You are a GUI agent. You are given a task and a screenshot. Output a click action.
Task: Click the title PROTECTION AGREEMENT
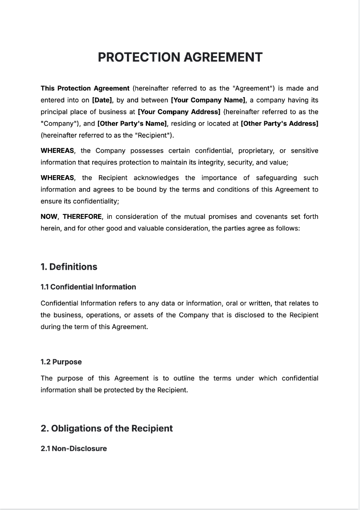(x=180, y=58)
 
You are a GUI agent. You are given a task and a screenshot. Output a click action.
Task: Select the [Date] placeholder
(x=102, y=100)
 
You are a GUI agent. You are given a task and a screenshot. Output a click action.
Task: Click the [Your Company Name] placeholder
(x=208, y=100)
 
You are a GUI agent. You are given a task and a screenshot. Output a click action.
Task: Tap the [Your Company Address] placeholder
(x=179, y=112)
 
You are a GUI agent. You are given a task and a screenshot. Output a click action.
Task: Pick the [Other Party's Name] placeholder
(x=132, y=123)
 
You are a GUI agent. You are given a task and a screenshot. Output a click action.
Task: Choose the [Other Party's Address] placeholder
(x=279, y=123)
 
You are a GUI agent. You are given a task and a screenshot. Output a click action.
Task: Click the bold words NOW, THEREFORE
(x=72, y=217)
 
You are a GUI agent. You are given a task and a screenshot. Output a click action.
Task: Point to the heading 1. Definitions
(x=69, y=267)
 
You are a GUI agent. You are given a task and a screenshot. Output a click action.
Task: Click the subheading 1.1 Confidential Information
(x=88, y=287)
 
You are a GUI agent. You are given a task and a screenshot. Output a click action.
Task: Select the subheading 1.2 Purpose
(x=61, y=362)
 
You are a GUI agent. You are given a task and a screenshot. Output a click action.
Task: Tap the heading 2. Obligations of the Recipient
(x=106, y=428)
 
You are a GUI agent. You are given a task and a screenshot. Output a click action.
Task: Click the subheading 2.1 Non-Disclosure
(x=74, y=448)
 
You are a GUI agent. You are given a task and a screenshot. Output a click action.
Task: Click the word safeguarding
(x=277, y=178)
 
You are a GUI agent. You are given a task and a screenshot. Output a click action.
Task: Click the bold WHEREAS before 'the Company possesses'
(x=57, y=151)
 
